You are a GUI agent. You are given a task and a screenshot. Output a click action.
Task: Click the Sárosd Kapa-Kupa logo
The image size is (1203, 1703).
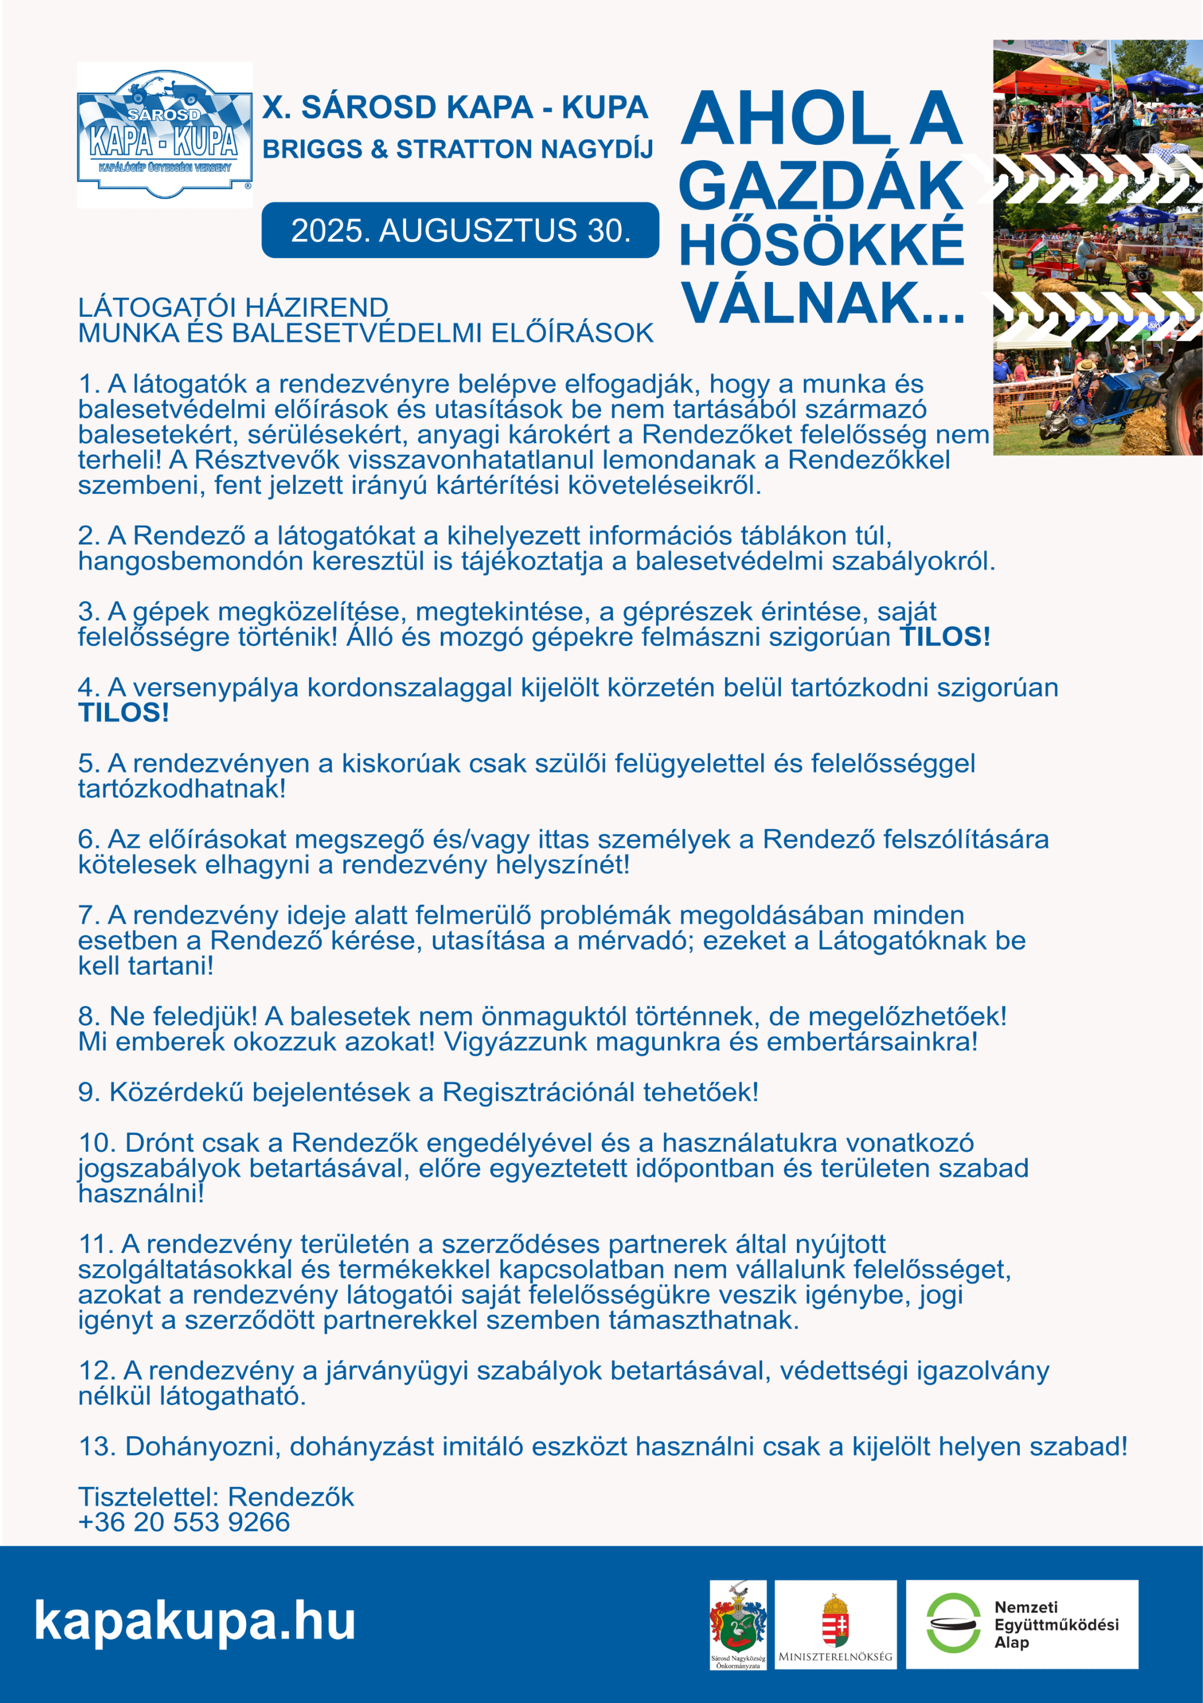tap(164, 135)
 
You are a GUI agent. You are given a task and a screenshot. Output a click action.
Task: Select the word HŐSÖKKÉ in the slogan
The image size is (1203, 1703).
tap(821, 245)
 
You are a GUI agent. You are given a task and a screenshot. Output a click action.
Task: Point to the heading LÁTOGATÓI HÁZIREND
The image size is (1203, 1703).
tap(233, 307)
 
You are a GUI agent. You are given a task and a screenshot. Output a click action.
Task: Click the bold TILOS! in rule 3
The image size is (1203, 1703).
tap(944, 637)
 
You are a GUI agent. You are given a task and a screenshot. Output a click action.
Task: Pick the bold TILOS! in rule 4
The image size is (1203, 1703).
tap(123, 713)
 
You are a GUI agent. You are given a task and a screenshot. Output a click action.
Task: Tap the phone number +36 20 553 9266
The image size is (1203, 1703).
tap(184, 1522)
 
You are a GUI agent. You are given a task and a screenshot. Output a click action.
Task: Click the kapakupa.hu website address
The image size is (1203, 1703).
tap(194, 1620)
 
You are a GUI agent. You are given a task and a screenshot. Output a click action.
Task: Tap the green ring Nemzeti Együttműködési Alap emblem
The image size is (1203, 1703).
tap(953, 1623)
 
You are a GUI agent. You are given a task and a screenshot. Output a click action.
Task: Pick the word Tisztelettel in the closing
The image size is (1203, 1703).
tap(147, 1497)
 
